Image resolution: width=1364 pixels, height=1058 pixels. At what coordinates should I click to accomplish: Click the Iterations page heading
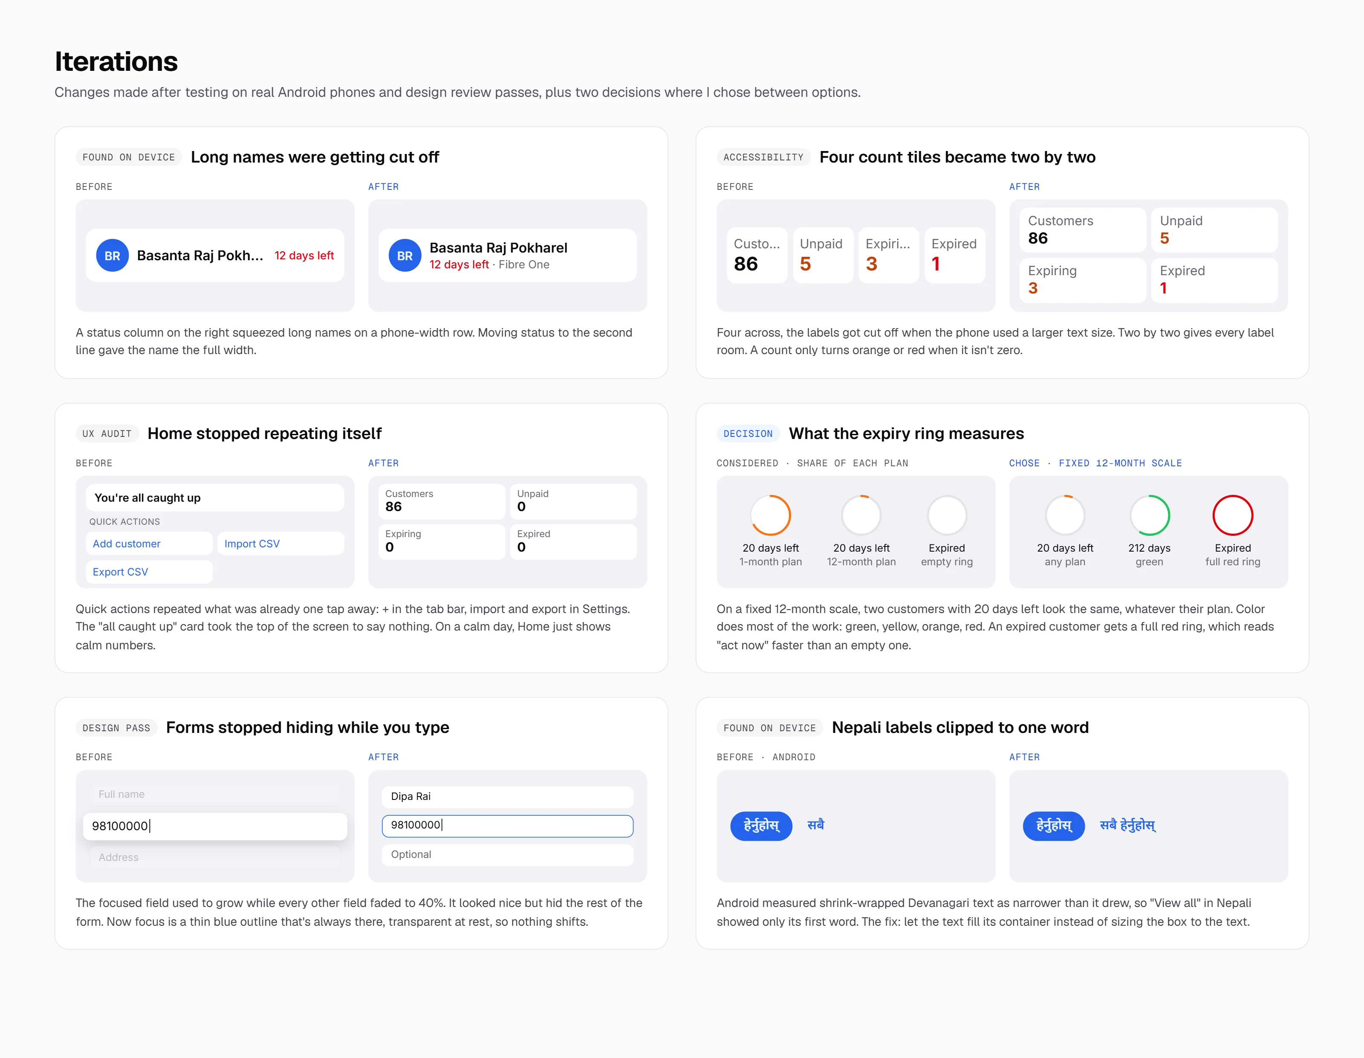click(x=116, y=62)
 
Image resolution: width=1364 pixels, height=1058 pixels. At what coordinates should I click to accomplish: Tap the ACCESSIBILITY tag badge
click(x=763, y=157)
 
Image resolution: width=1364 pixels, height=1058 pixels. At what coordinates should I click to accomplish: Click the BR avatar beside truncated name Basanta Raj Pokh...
click(x=113, y=256)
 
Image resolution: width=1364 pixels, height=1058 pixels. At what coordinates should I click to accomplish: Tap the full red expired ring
click(x=1233, y=496)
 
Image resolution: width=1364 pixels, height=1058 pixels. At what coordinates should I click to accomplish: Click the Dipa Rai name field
click(x=507, y=796)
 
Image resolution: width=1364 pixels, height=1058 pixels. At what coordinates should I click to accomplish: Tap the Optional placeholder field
click(x=507, y=854)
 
